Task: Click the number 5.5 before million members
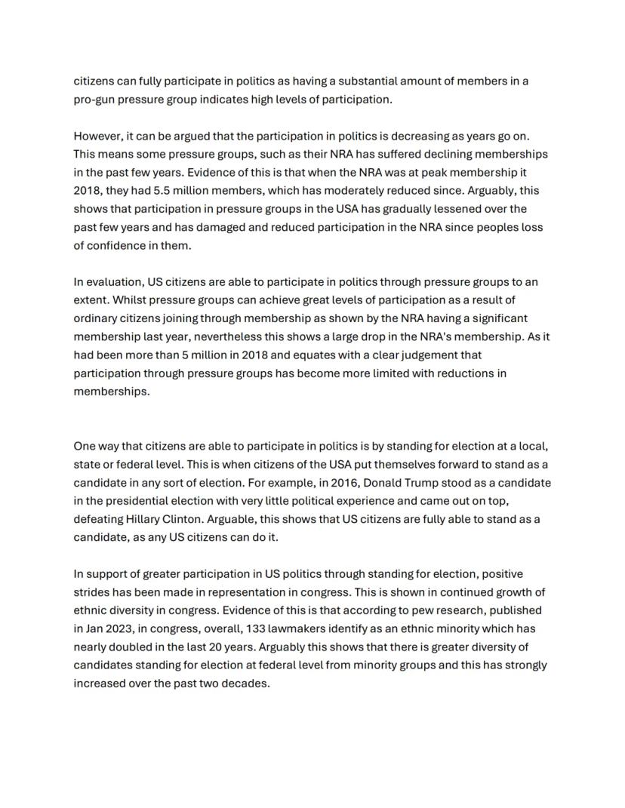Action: [x=165, y=190]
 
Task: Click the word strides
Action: [x=91, y=592]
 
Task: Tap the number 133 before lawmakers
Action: [x=256, y=628]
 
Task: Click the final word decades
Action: [x=245, y=684]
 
